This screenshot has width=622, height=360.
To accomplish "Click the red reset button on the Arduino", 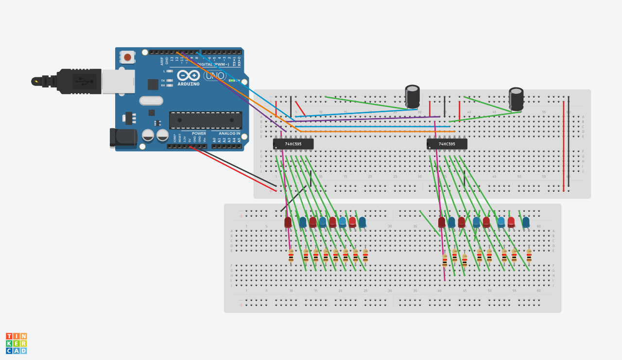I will (127, 57).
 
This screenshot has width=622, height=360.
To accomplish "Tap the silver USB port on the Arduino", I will (118, 81).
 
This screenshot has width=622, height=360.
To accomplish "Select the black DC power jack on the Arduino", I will (123, 137).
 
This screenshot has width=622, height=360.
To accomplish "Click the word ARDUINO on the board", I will (188, 84).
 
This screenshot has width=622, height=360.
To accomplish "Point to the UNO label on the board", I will (214, 76).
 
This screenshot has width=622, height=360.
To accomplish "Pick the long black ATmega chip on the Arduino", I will (206, 120).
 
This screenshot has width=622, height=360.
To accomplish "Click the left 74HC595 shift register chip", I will (293, 144).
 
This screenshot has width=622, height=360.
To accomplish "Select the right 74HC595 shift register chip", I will (447, 144).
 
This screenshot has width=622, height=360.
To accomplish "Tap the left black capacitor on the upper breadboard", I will (413, 97).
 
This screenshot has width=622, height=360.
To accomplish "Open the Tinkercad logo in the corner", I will (16, 343).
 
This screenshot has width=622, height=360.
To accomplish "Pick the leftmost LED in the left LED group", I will (288, 223).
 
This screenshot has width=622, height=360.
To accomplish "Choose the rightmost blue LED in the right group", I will (526, 223).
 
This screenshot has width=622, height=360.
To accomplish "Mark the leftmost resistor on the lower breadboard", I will (291, 256).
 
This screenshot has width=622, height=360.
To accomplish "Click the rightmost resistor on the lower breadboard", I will (529, 256).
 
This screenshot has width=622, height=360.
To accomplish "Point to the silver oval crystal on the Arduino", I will (151, 101).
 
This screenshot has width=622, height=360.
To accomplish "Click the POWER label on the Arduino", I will (199, 133).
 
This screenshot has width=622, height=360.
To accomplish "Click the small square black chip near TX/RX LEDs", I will (153, 84).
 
